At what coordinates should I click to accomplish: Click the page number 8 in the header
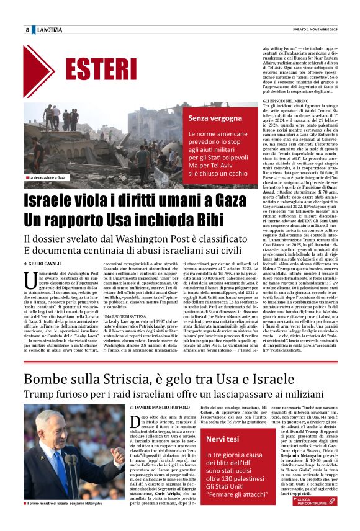pos(27,30)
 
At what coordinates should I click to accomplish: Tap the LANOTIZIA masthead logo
pos(48,30)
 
